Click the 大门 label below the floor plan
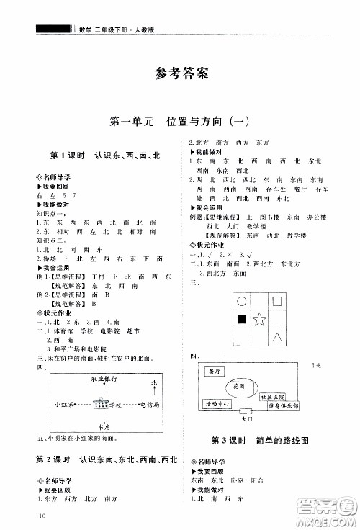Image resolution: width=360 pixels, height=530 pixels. [246, 417]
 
